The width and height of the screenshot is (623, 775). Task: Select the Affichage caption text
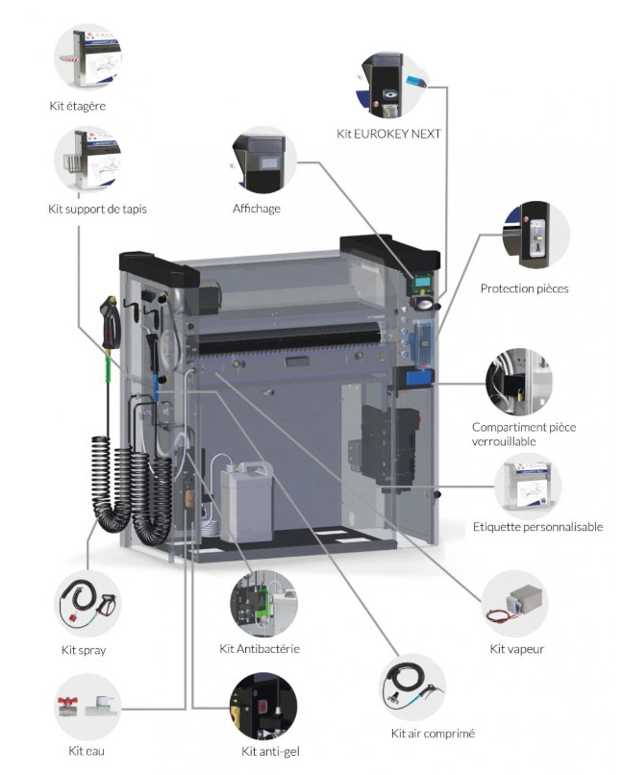256,209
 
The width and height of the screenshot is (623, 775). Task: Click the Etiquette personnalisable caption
537,527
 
